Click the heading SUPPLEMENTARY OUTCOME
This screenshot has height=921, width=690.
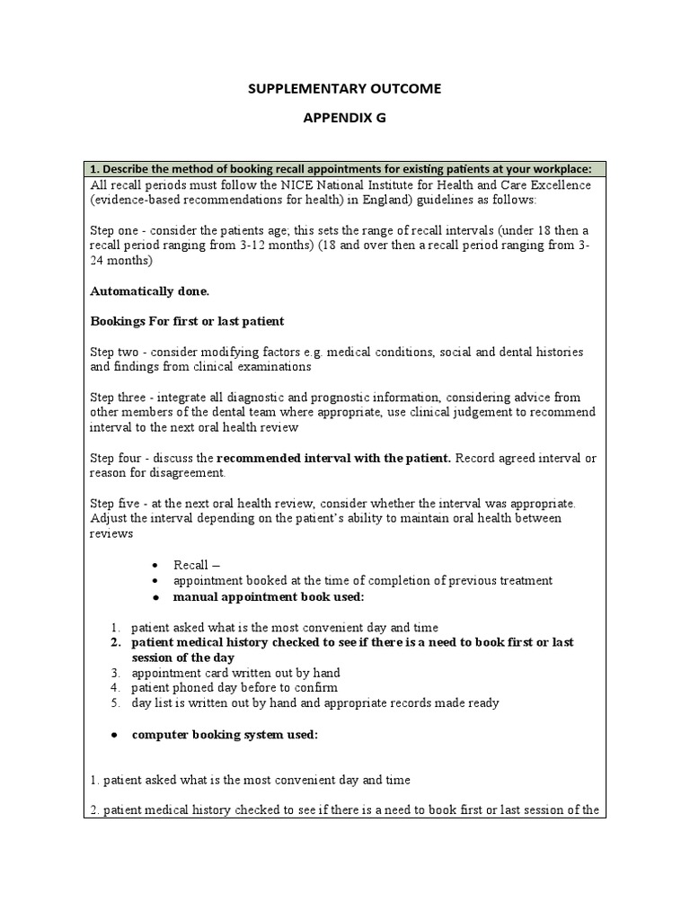click(344, 88)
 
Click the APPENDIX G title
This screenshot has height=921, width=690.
click(344, 117)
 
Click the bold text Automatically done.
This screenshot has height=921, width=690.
click(150, 291)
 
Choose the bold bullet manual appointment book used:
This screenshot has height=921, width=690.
click(261, 596)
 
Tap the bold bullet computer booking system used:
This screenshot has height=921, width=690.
click(225, 734)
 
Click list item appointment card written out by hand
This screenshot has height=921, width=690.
click(235, 672)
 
